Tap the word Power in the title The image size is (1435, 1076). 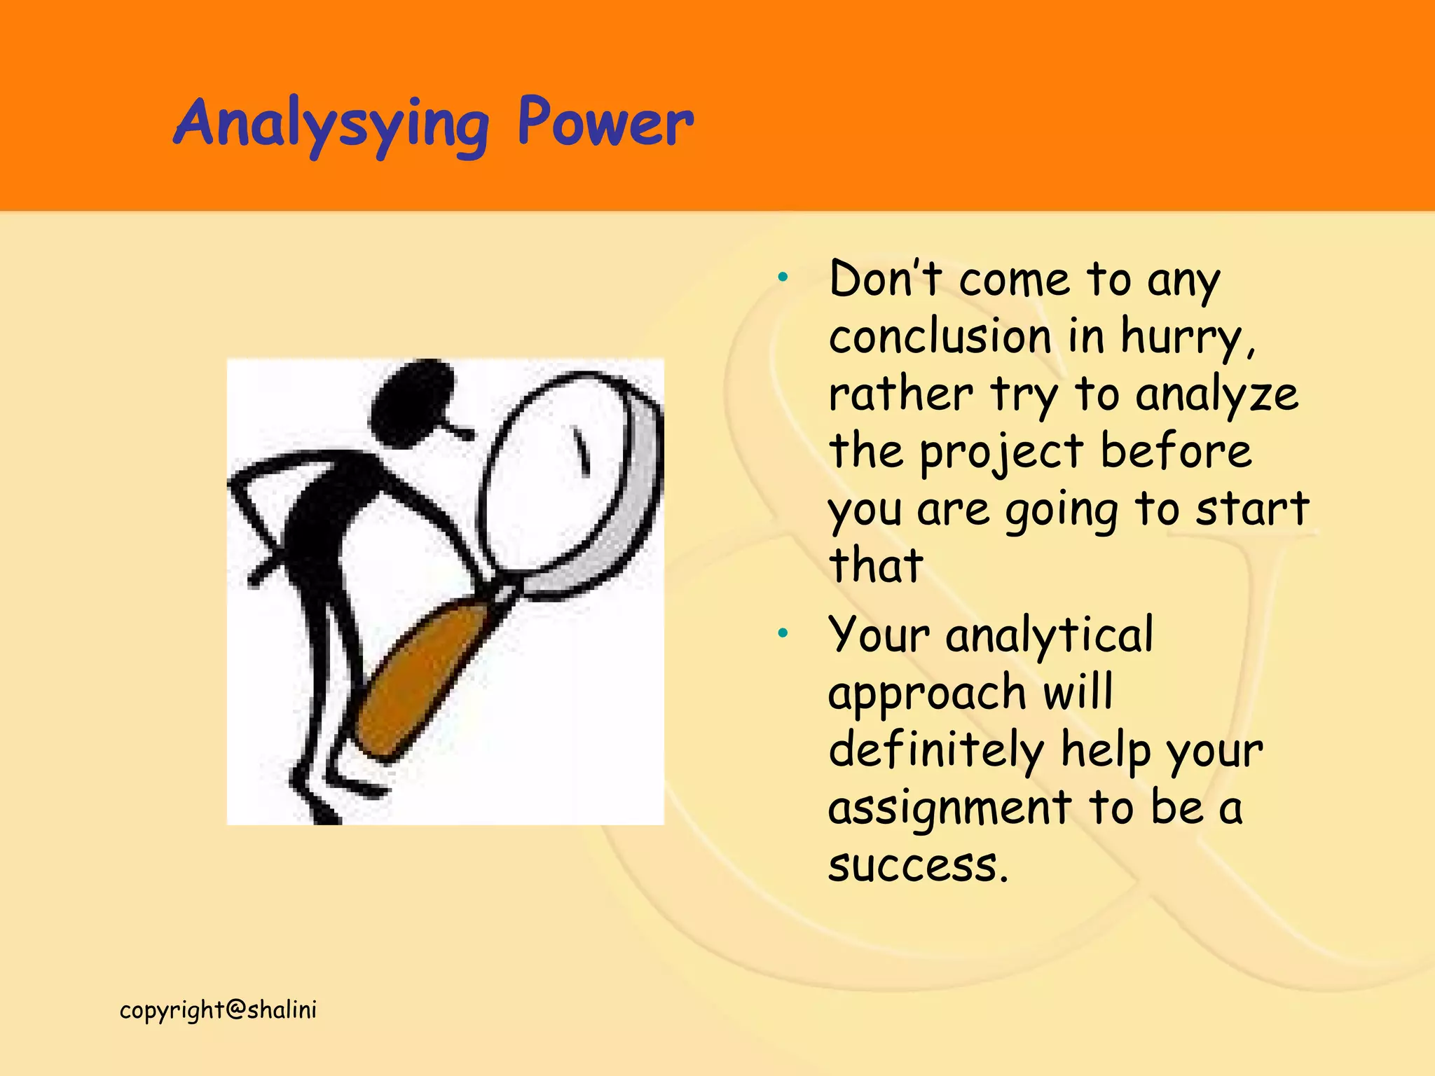coord(605,123)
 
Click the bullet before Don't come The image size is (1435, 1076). coord(783,277)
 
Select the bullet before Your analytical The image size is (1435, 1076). coord(783,633)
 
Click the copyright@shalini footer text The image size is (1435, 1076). coord(218,1010)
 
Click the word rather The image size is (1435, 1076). coord(900,395)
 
